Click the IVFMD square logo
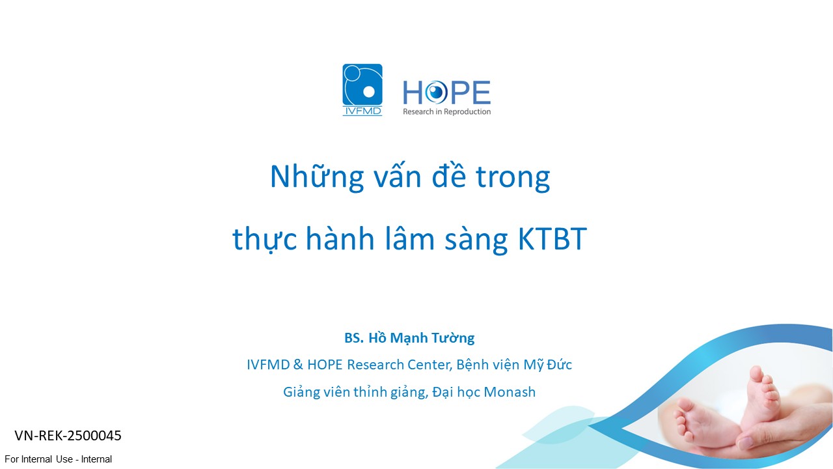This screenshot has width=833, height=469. (362, 90)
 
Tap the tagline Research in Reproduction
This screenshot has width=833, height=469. (446, 111)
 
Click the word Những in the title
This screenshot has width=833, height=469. (316, 177)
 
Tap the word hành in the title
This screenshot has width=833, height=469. (340, 238)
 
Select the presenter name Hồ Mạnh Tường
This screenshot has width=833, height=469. (421, 338)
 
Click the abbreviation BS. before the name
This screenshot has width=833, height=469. (353, 338)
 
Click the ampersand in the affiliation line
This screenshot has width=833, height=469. (298, 365)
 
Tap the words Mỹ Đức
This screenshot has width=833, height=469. (547, 364)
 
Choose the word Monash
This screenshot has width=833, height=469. (510, 392)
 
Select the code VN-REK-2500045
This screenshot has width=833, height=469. (68, 436)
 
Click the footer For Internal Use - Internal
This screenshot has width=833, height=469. (58, 459)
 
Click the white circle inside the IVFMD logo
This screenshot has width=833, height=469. (368, 92)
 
